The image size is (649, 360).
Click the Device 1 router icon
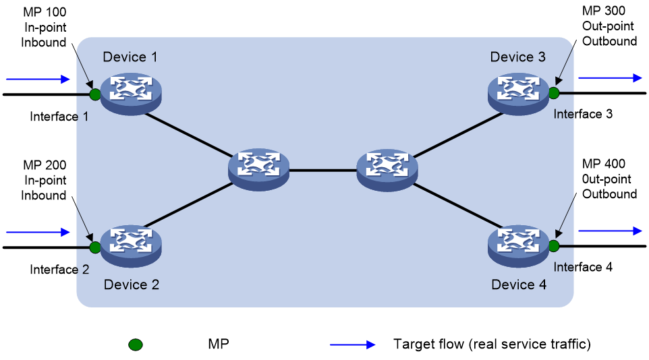[x=131, y=94]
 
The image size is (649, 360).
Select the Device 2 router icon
[x=131, y=247]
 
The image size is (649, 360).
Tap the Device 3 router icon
[x=518, y=94]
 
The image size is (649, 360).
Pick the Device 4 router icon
[x=518, y=247]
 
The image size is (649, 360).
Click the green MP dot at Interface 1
[x=94, y=94]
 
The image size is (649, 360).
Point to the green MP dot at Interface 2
[x=94, y=247]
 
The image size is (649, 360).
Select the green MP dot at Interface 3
[x=554, y=93]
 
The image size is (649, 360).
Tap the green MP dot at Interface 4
[x=554, y=246]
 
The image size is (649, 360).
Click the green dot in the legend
[x=136, y=344]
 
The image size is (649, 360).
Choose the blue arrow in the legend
[x=353, y=344]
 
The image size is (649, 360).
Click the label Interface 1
[x=59, y=117]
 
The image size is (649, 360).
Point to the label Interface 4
[x=583, y=267]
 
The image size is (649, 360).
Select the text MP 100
[x=45, y=12]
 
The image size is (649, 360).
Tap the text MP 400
[x=604, y=164]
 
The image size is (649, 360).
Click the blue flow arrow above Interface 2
[x=38, y=232]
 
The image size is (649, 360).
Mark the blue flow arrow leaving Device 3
[x=610, y=78]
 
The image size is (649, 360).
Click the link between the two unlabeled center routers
[x=323, y=170]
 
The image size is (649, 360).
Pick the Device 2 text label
[x=131, y=284]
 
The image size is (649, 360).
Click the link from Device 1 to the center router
[x=189, y=135]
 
